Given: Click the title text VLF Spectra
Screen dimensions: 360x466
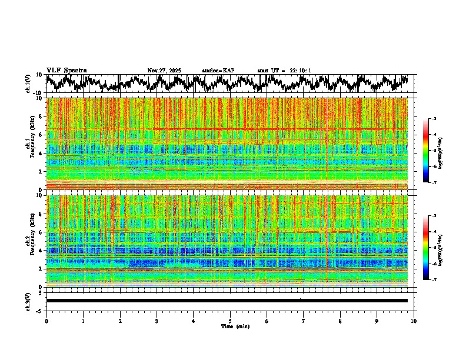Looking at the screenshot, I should coord(66,71).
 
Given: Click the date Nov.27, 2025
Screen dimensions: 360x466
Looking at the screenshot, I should coord(164,71).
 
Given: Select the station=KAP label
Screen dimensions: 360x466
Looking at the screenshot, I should coord(218,71).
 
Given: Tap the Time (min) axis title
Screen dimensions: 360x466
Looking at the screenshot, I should coord(231,326).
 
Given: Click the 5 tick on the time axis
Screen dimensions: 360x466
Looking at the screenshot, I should coord(230,321).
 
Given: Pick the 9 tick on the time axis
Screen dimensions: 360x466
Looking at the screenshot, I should coord(377,321).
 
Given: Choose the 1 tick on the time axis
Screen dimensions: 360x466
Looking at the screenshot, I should coord(83,321).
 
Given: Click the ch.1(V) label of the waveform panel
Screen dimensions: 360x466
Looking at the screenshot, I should coord(28,84).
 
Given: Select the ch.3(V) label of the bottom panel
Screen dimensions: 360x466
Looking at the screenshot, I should coord(28,301).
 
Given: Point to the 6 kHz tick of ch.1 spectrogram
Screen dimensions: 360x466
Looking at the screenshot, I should coord(40,135).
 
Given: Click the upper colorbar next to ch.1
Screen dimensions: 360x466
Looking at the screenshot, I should coord(426,151).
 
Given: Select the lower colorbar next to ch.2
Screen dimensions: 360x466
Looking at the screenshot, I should coord(426,248).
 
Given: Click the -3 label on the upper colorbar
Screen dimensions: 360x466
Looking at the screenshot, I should coord(434,119).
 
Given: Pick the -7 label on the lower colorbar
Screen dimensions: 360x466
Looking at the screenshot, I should coord(434,280).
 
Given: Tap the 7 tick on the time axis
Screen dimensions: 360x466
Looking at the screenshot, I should coord(304,321).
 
